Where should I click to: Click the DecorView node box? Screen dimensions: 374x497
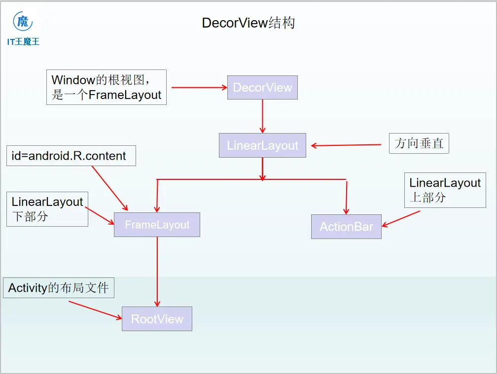coord(262,88)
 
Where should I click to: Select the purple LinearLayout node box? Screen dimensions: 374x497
coord(262,145)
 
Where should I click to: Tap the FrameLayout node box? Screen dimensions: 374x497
coord(157,225)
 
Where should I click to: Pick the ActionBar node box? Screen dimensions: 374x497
coord(346,227)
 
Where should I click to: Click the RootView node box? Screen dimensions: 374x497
coord(157,319)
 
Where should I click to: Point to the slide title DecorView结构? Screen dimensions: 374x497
coord(248,23)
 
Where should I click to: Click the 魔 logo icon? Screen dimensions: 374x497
coord(23,22)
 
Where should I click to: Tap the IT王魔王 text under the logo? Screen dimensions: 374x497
coord(23,42)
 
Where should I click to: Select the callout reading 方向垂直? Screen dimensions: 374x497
coord(419,143)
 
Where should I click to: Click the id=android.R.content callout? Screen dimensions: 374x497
coord(71,156)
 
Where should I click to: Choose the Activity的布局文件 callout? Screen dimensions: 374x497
coord(58,288)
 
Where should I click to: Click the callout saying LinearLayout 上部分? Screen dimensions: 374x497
coord(445,190)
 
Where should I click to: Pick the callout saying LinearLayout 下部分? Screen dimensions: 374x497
coord(47,209)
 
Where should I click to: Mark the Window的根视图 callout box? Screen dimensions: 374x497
coord(106,87)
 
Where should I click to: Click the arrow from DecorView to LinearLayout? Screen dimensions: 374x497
coord(262,116)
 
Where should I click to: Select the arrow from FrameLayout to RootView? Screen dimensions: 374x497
coord(157,271)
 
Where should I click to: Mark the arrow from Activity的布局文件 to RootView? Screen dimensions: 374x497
coord(95,310)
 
